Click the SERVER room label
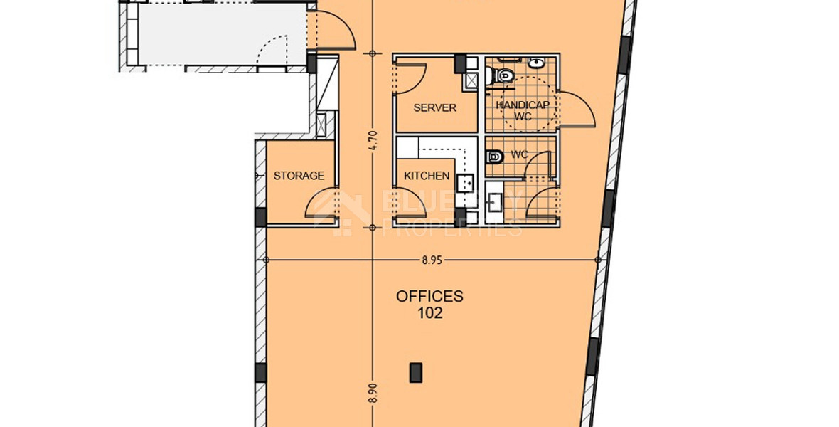434,108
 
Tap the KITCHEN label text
427,176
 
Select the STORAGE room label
299,176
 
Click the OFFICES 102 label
429,304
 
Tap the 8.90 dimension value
372,394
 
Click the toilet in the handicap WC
506,74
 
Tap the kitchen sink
466,184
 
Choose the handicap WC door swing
576,110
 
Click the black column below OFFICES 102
415,371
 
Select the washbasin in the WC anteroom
495,204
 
